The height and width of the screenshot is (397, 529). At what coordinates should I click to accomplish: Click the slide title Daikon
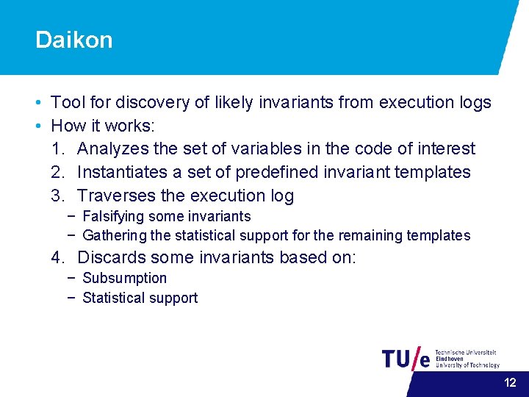(74, 40)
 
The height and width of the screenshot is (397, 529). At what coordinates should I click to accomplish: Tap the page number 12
(510, 382)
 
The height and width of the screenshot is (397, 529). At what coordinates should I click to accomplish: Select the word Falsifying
(114, 216)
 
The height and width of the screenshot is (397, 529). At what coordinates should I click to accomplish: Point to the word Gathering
(115, 235)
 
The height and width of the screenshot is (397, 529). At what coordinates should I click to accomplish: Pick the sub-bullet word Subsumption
(125, 278)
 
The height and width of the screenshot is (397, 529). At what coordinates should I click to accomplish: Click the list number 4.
(58, 257)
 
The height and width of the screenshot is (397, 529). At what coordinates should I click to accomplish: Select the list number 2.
(58, 172)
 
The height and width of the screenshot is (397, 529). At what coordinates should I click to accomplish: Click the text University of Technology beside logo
(467, 365)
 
